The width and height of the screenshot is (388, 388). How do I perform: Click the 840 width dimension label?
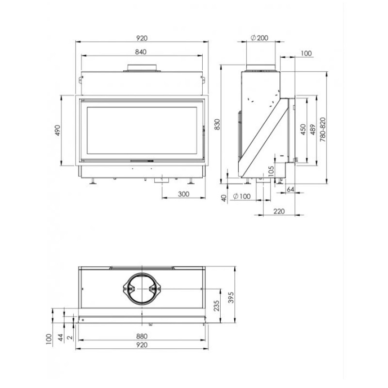(141, 52)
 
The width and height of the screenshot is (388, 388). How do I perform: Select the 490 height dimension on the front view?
(57, 130)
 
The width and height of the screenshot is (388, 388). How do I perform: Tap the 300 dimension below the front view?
(184, 194)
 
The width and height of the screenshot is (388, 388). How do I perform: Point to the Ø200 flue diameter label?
(259, 38)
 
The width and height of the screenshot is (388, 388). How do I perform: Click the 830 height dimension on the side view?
(217, 124)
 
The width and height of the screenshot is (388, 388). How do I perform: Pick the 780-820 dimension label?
(323, 129)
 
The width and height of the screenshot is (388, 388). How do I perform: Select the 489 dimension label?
(313, 129)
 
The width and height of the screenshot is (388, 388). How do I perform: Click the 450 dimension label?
(303, 129)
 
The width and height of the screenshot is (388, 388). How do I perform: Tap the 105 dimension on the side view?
(271, 171)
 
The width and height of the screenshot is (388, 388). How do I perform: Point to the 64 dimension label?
(290, 189)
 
